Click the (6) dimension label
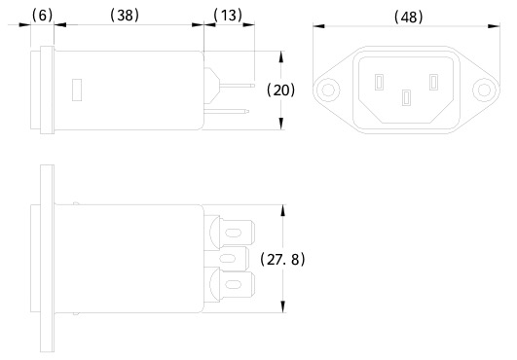point(42,16)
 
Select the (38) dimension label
point(125,16)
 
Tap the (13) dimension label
point(228,16)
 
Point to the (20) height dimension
point(281,90)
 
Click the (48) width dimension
point(408,17)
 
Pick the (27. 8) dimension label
point(283,260)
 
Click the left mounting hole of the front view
point(328,90)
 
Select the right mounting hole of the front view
point(484,90)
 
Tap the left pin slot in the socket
point(379,83)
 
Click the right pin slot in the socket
point(433,83)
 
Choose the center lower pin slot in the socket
point(406,98)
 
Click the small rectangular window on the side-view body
point(77,90)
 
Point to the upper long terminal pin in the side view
point(238,86)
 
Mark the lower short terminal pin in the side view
point(227,111)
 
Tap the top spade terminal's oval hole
point(233,234)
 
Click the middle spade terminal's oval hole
point(228,259)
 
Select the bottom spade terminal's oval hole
point(233,284)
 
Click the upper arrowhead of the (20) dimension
point(281,56)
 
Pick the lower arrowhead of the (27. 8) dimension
point(283,306)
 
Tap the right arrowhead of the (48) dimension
point(494,26)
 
